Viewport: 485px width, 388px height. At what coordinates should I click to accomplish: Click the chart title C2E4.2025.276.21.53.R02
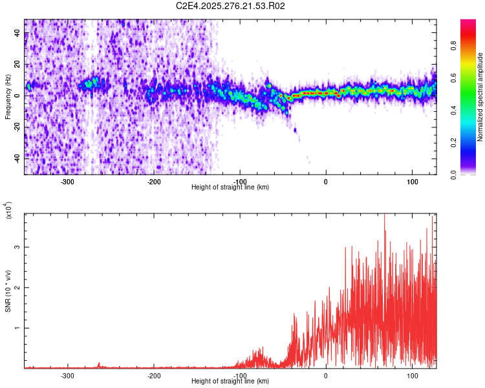tap(231, 6)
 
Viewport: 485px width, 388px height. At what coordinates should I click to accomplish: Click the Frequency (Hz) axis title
tap(8, 97)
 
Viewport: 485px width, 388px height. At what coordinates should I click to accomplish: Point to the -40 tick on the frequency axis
tap(17, 157)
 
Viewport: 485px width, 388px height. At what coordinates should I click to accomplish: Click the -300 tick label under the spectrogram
tap(67, 181)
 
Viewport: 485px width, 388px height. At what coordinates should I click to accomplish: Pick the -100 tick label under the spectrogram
tap(239, 181)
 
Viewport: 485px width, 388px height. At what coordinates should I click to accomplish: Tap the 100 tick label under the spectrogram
tap(412, 181)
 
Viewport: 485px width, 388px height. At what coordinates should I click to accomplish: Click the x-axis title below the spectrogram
tap(231, 188)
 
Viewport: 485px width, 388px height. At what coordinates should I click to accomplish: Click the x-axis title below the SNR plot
tap(231, 382)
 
